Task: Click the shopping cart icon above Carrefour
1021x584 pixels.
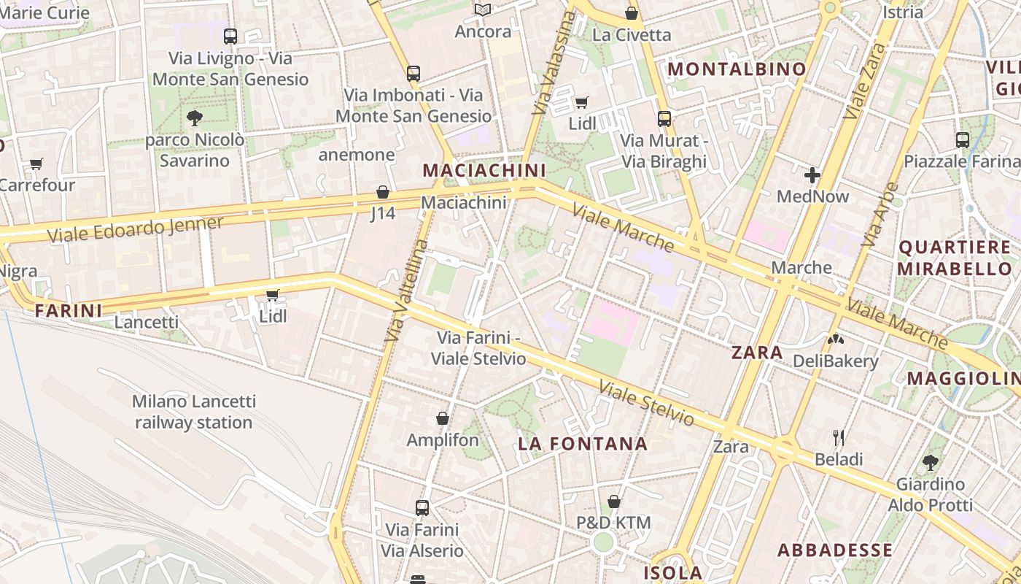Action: (x=36, y=164)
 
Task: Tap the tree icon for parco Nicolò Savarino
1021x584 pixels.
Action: (x=194, y=118)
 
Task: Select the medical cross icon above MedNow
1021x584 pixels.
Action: (x=812, y=175)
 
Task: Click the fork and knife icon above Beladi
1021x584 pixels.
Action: (x=839, y=438)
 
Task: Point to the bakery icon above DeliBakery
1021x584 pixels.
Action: (x=835, y=339)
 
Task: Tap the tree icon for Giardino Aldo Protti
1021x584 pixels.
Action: (x=930, y=462)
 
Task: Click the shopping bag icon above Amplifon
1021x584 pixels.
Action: (x=442, y=418)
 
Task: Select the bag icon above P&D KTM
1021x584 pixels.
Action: (x=614, y=502)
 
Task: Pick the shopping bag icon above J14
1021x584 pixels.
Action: (x=383, y=192)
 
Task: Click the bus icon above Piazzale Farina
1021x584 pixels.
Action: (x=963, y=139)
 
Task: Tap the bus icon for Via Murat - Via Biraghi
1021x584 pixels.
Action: (x=664, y=118)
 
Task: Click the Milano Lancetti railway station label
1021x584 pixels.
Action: (x=194, y=412)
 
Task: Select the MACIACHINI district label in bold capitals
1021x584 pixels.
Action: (x=484, y=170)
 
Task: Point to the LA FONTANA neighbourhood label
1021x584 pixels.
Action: (x=583, y=444)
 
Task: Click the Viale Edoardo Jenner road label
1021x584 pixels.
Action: (x=136, y=229)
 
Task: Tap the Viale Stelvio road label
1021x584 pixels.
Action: (x=647, y=402)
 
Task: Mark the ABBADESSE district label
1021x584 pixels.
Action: (x=834, y=550)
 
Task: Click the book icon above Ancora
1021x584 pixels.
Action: (x=483, y=9)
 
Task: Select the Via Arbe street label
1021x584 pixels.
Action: (x=880, y=213)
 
